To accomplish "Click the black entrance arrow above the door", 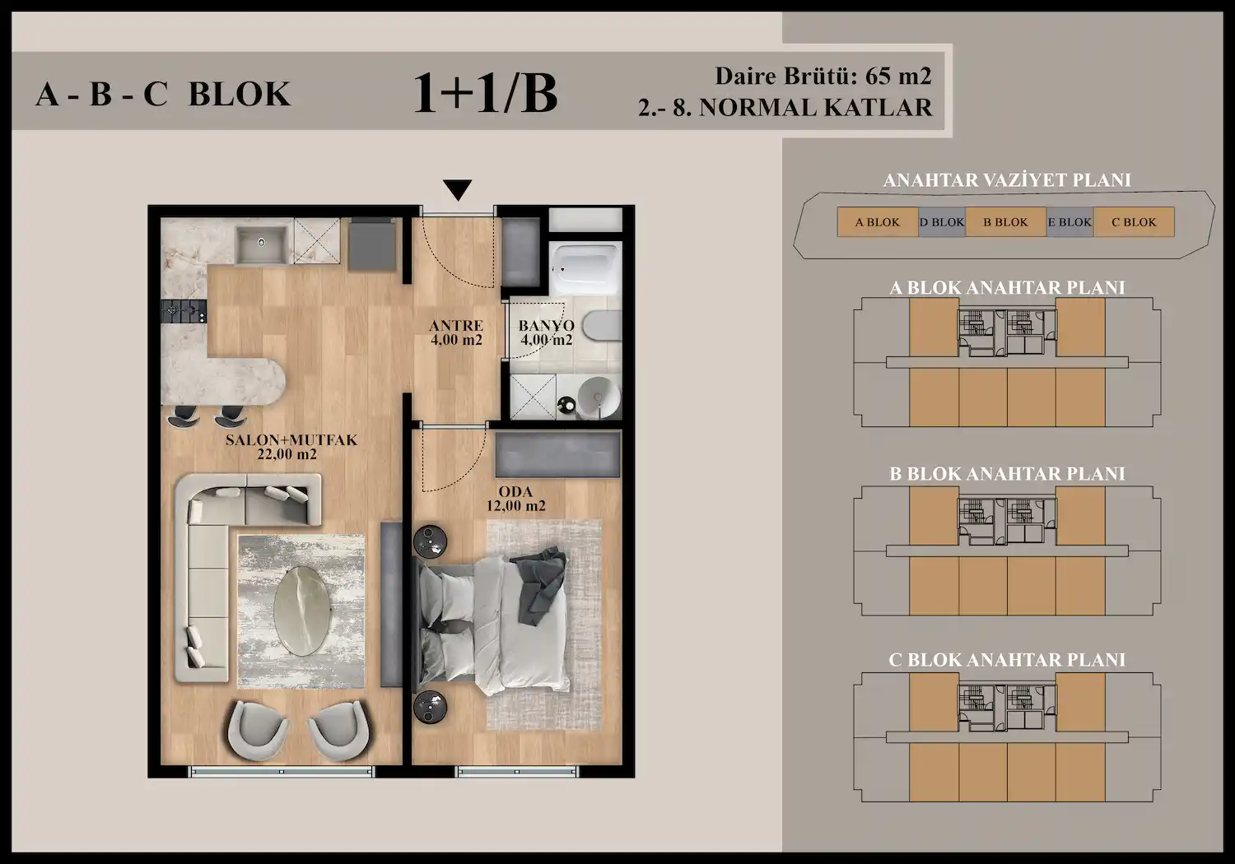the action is pos(457,190).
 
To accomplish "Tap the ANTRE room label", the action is pos(456,332).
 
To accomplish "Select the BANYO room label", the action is pos(547,332).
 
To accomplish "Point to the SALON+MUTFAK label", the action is pos(291,447).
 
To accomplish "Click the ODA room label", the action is pos(515,499).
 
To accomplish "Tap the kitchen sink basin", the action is pos(261,243).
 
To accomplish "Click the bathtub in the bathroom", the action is pos(586,269).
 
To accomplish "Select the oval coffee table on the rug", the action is pos(303,611).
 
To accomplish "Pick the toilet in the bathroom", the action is pos(602,333).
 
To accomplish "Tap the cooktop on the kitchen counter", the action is pos(184,311).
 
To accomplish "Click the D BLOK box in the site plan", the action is pos(942,222).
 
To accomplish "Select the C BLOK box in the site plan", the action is pos(1134,222).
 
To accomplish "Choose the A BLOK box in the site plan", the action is pos(878,222).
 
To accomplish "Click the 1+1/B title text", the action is pos(485,93).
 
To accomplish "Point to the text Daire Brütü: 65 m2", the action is pos(823,76).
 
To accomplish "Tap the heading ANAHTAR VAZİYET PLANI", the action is pos(1007,180).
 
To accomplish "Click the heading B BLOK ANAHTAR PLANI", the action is pos(1007,474).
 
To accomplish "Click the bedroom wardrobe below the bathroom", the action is pos(557,454).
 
